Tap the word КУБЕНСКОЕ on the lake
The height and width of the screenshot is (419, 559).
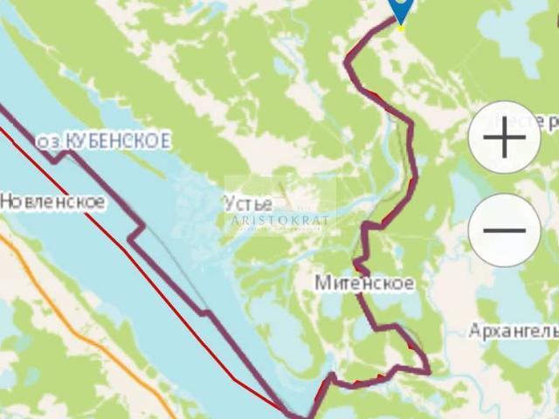click(113, 141)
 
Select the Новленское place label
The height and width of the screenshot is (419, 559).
click(52, 203)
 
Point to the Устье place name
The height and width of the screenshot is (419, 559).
click(247, 203)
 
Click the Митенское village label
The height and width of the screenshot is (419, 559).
click(365, 284)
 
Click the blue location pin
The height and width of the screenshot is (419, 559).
click(401, 9)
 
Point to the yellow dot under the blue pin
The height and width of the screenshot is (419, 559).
click(401, 28)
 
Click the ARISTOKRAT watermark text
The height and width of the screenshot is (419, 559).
click(280, 220)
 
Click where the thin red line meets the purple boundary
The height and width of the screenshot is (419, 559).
click(288, 409)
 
